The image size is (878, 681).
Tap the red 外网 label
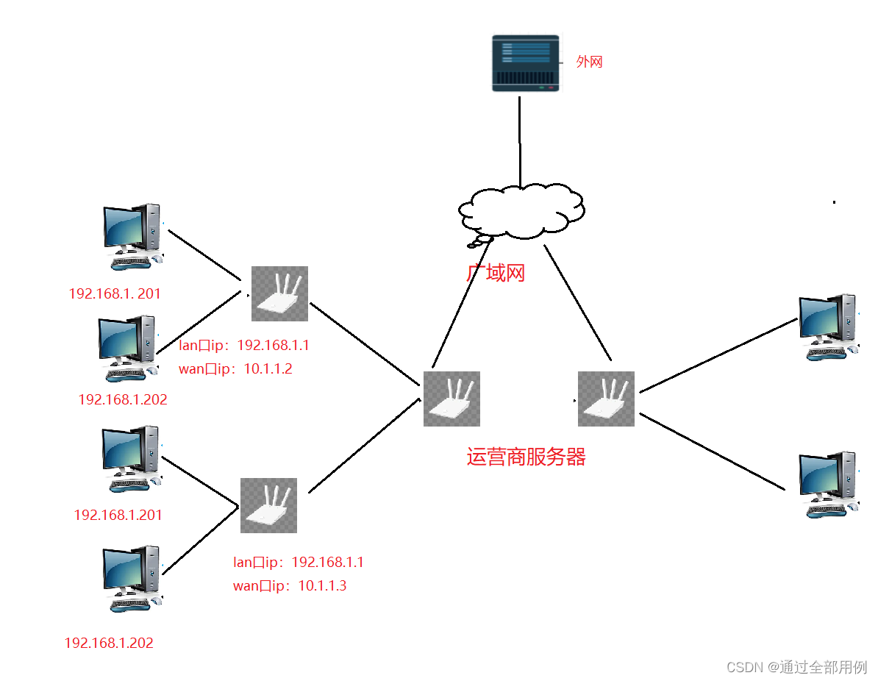tap(589, 63)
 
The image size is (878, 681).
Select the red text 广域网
tap(496, 274)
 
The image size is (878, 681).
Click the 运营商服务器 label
tap(526, 457)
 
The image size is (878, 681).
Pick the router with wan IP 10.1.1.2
tap(279, 293)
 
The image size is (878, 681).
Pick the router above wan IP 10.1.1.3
tap(268, 505)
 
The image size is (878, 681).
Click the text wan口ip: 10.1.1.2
tap(235, 369)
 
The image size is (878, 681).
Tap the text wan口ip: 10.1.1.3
tap(290, 586)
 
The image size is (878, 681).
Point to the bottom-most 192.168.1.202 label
tap(109, 643)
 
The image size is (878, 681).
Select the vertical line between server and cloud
tap(520, 140)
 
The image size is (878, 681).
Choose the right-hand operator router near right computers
tap(606, 399)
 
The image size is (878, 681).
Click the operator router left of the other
tap(452, 399)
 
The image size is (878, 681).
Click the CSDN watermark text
tap(797, 667)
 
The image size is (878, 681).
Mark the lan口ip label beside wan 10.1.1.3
tap(299, 563)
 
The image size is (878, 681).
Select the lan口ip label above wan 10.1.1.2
tap(244, 346)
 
